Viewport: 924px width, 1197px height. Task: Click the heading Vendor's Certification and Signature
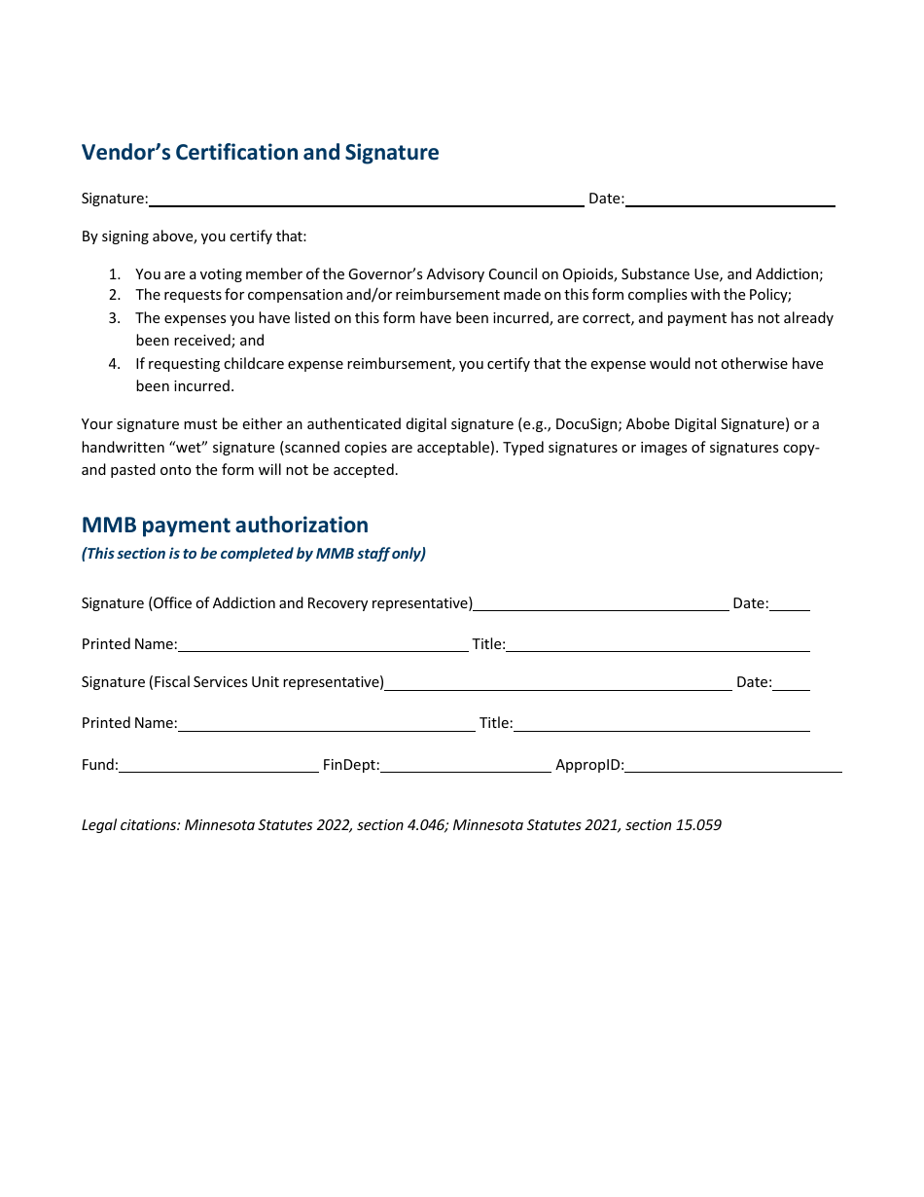pyautogui.click(x=260, y=153)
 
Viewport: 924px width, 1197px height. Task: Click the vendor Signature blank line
pyautogui.click(x=366, y=199)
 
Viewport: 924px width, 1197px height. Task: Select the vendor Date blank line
pyautogui.click(x=729, y=199)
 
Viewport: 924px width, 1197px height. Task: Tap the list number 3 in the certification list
pyautogui.click(x=114, y=318)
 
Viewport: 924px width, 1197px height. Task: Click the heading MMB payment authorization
pyautogui.click(x=225, y=526)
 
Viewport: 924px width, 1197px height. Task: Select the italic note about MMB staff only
pyautogui.click(x=253, y=554)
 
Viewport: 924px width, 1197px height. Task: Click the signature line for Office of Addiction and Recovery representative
pyautogui.click(x=600, y=603)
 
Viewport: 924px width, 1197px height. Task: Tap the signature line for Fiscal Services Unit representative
pyautogui.click(x=557, y=682)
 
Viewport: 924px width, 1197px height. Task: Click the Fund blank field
pyautogui.click(x=219, y=765)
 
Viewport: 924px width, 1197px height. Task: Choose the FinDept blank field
pyautogui.click(x=465, y=765)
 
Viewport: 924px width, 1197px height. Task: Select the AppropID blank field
pyautogui.click(x=732, y=765)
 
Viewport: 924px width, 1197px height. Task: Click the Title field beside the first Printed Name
pyautogui.click(x=657, y=644)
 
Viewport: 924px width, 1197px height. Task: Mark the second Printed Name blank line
pyautogui.click(x=326, y=723)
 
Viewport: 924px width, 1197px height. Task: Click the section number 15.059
pyautogui.click(x=698, y=825)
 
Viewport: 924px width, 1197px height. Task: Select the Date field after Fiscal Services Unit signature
pyautogui.click(x=791, y=682)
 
